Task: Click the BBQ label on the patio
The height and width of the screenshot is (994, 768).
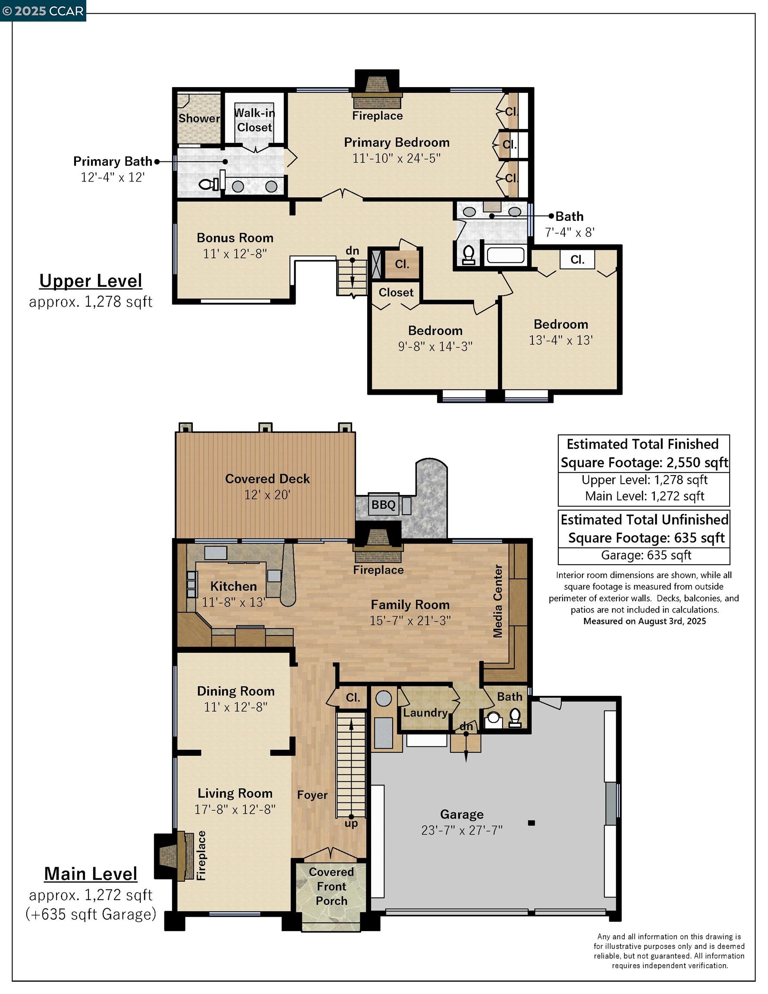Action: coord(383,505)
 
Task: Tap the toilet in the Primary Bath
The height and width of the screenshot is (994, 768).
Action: coord(208,184)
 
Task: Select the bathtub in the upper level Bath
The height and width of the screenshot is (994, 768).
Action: coord(505,255)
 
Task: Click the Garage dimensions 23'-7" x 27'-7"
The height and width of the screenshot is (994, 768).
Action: coord(462,830)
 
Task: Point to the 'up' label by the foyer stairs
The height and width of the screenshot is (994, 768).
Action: coord(352,823)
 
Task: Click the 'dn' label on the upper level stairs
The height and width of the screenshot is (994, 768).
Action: coord(353,251)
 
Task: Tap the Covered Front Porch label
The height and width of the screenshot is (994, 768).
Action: coord(331,886)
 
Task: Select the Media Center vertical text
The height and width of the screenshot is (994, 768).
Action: coord(498,601)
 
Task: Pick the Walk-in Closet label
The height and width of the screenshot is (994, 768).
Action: coord(255,120)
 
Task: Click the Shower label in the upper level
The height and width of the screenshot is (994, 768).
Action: coord(199,118)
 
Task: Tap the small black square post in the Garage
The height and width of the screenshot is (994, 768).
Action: coord(531,823)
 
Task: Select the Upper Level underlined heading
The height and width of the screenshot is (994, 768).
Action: coord(91,281)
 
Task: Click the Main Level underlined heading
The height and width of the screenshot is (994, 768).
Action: coord(91,873)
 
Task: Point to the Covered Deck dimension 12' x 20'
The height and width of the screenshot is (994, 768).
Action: coord(267,495)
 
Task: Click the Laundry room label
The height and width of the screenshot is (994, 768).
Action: coord(425,712)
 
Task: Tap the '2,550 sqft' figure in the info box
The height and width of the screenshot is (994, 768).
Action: coord(697,462)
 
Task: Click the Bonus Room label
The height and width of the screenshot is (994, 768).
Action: coord(235,238)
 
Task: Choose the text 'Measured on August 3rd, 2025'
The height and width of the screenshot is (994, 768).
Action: coord(645,621)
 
